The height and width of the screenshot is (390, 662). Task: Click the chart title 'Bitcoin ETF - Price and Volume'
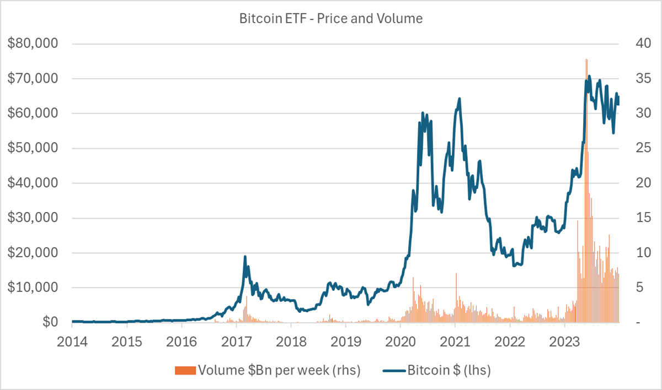coord(330,19)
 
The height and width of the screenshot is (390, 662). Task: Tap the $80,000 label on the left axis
coord(33,43)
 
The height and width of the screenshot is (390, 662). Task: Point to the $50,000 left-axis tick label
coord(33,148)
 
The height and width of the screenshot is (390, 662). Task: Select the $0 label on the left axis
coord(50,322)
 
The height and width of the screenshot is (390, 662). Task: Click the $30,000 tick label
coord(33,218)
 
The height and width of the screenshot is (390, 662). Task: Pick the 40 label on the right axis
coord(643,43)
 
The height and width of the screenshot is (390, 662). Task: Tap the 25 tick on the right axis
coord(643,148)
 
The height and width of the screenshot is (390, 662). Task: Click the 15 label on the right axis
coord(643,218)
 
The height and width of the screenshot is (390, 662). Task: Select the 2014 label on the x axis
coord(72,342)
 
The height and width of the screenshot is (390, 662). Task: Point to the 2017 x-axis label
coord(237,342)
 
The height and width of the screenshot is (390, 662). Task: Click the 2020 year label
coord(401,342)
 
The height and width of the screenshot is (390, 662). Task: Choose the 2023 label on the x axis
coord(564,342)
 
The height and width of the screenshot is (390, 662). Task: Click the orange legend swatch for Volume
coord(185,371)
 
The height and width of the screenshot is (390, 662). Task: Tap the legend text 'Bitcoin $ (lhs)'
coord(449,370)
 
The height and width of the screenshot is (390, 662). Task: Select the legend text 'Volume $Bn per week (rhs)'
coord(279,370)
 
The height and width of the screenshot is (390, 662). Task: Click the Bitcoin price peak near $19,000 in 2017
coord(245,256)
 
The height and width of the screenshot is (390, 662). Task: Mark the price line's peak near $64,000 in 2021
coord(459,99)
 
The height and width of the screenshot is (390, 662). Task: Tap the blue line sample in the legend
coord(394,371)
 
